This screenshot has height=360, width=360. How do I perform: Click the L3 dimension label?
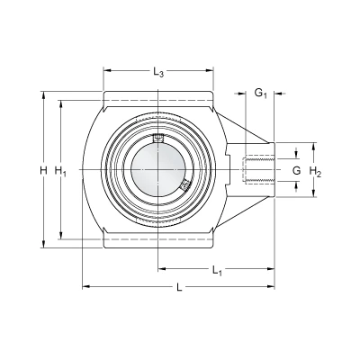pos(158,72)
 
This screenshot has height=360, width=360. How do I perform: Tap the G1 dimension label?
pos(261,94)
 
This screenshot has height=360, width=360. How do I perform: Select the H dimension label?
pos(44,171)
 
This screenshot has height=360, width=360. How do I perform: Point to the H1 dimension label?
pos(60,171)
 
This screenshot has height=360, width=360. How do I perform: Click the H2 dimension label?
pos(315,172)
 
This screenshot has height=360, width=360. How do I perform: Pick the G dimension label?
pos(296,171)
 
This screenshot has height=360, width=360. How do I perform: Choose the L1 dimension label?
pos(217,270)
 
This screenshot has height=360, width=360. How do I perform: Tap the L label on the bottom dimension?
pos(179,288)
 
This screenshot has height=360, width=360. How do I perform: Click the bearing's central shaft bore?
pos(158,170)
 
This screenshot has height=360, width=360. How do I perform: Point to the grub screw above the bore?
pos(158,138)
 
